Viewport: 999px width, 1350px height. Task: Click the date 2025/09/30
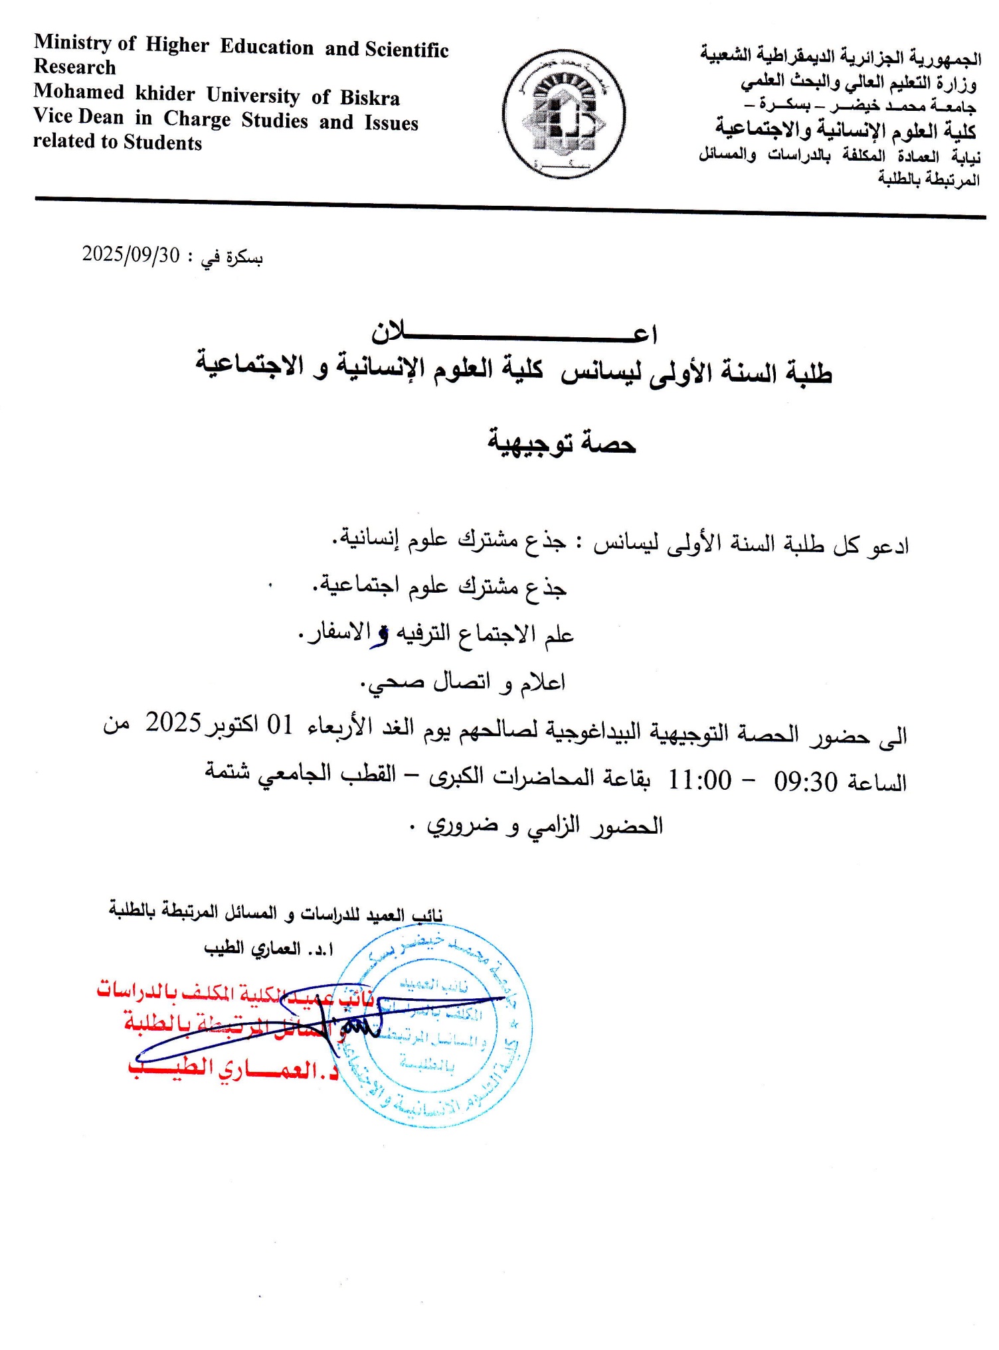click(x=131, y=254)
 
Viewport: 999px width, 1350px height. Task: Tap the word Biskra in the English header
click(x=370, y=98)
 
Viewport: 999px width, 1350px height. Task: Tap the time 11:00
click(x=699, y=780)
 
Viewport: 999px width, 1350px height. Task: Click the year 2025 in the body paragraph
click(x=173, y=723)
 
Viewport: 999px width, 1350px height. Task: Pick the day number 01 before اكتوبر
click(x=280, y=725)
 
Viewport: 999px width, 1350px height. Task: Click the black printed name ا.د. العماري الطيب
click(x=268, y=948)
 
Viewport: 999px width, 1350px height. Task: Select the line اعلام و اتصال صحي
click(x=463, y=682)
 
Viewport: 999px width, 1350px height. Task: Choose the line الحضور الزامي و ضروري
click(x=545, y=826)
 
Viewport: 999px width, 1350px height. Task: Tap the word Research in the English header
click(x=74, y=67)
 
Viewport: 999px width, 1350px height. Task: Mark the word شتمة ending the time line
click(x=227, y=771)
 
